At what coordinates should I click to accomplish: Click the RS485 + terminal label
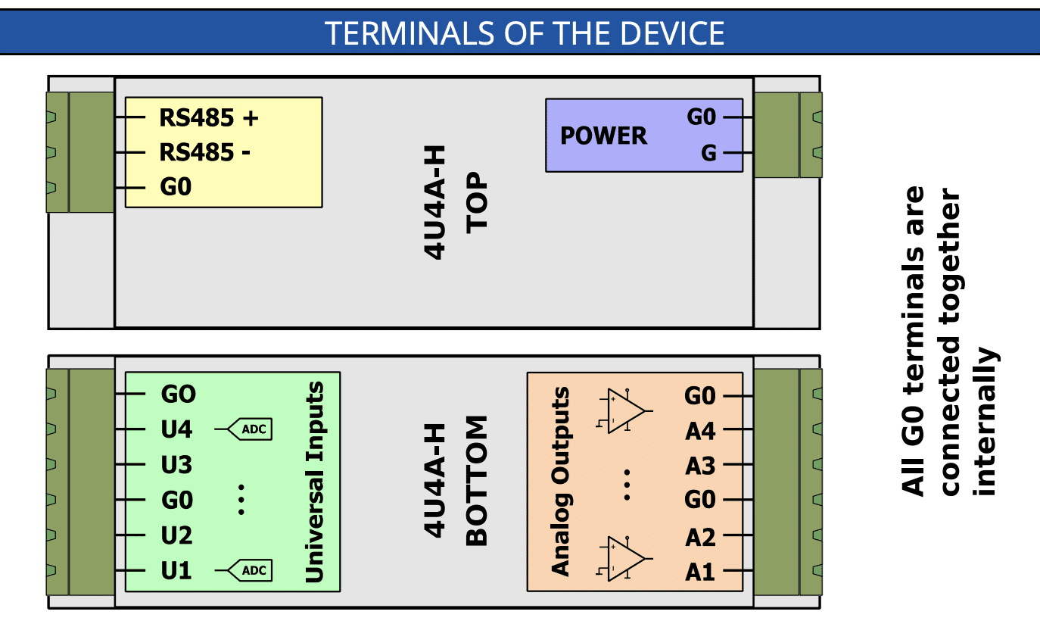tap(208, 117)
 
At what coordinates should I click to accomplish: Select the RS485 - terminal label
tap(205, 152)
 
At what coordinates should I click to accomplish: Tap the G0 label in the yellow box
tap(176, 187)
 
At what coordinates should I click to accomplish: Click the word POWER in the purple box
tap(603, 136)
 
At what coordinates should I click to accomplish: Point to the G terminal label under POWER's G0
tap(708, 153)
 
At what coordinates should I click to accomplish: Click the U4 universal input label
tap(176, 429)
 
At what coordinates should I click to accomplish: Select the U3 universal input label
tap(176, 464)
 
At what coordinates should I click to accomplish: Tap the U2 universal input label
tap(176, 535)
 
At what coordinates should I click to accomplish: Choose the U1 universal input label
tap(176, 570)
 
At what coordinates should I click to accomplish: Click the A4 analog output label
tap(701, 431)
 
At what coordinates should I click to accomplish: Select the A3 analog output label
tap(701, 466)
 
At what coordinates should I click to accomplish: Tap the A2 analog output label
tap(701, 538)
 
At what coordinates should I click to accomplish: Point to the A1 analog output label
tap(700, 572)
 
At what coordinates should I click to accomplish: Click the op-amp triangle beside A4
tap(624, 411)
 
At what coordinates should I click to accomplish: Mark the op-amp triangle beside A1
tap(624, 558)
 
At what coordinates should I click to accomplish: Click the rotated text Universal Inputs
tap(315, 482)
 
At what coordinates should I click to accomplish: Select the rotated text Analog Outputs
tap(560, 482)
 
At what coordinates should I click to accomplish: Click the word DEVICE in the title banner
tap(672, 33)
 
